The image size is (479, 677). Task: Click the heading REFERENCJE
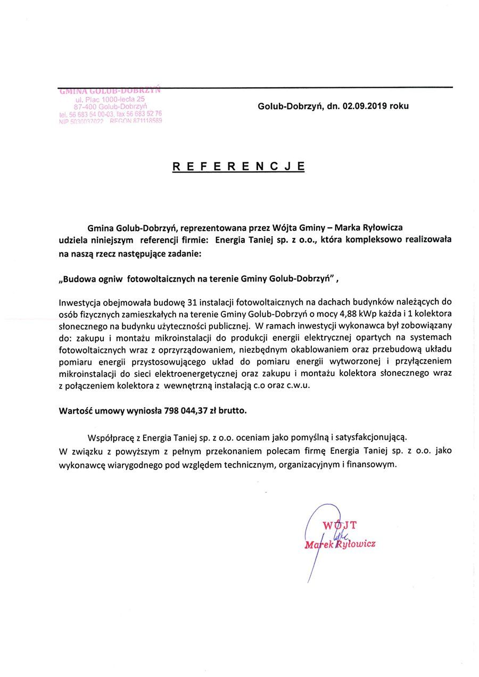238,166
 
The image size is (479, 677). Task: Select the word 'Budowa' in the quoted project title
79,278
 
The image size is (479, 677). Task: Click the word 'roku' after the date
399,106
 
